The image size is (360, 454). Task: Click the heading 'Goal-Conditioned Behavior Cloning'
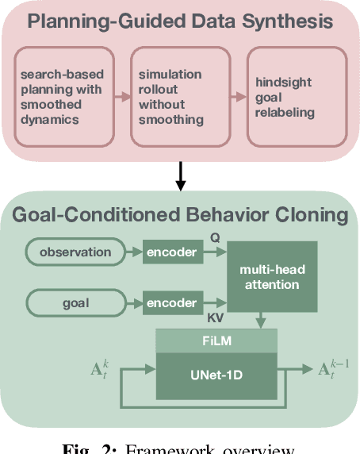180,214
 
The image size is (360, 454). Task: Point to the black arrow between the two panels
180,176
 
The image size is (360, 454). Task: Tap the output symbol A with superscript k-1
333,369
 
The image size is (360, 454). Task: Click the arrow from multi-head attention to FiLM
261,321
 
